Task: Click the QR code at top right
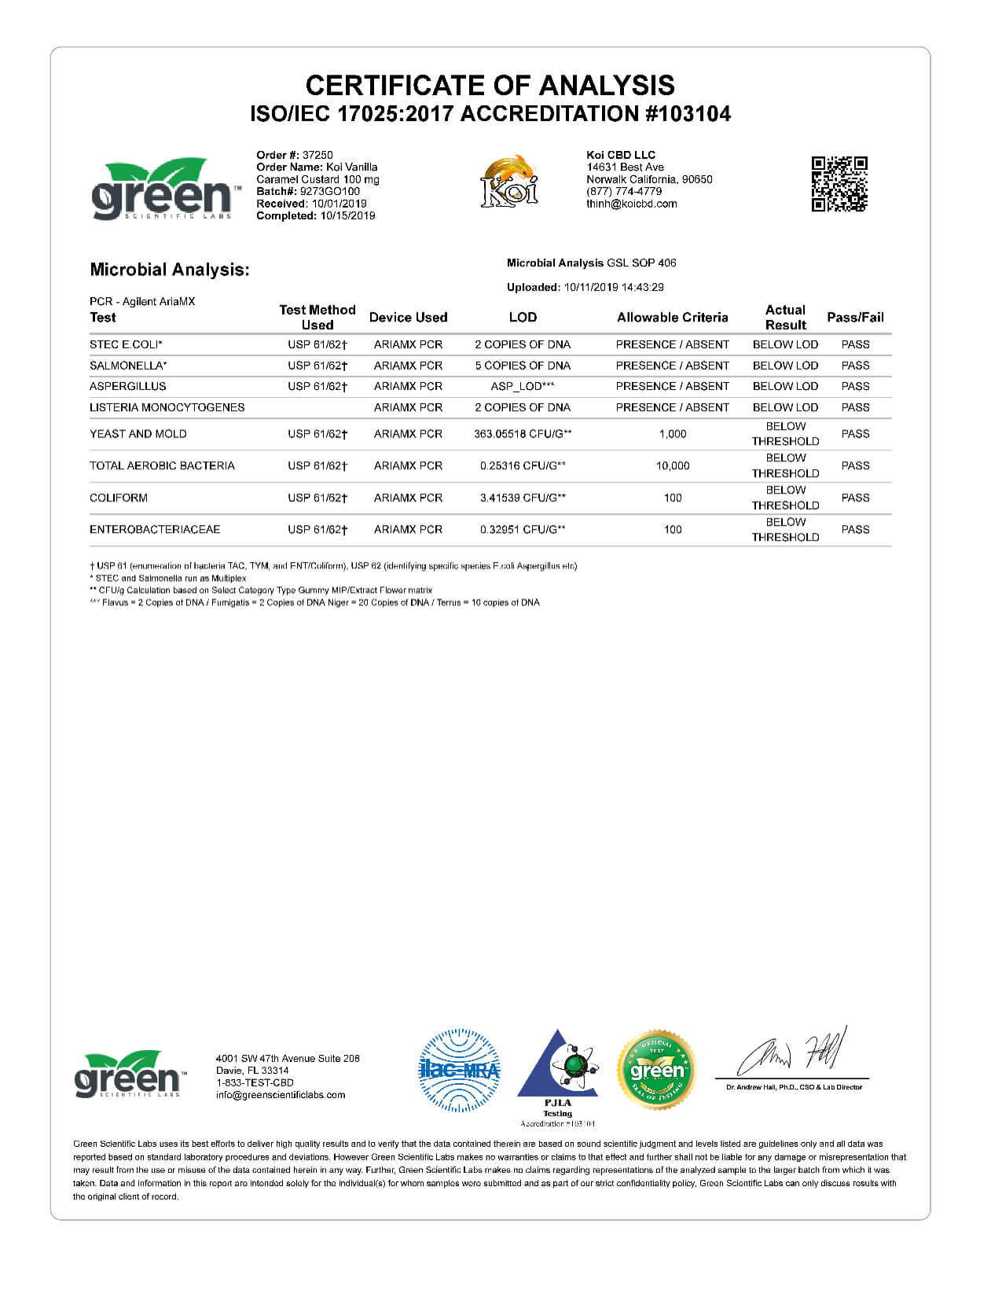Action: pos(839,184)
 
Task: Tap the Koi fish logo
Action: pos(509,182)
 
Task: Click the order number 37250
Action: pos(317,155)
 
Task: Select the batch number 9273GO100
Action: pos(330,191)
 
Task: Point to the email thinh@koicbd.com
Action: pos(631,204)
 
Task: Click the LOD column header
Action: pos(523,318)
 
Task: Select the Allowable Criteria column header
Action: pos(672,318)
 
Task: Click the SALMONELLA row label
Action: pos(128,366)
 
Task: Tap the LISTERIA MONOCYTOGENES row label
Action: pos(167,407)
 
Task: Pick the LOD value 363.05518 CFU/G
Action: pos(522,434)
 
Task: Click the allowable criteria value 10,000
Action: pos(673,465)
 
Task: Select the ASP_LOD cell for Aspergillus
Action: pos(522,386)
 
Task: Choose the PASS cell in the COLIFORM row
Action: pos(855,498)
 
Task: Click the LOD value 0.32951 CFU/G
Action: pos(522,529)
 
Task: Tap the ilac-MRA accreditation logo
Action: pos(459,1070)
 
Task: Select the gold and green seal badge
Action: pos(656,1070)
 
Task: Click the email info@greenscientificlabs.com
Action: pos(281,1095)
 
